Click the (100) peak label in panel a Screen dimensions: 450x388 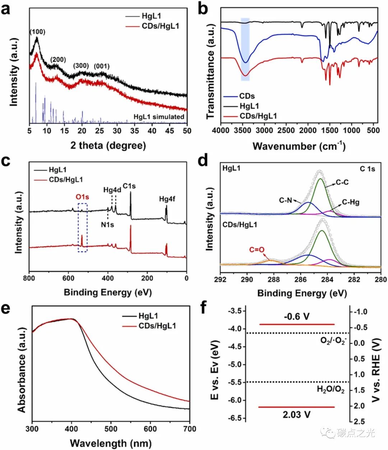tap(37, 32)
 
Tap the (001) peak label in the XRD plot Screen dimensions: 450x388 tap(102, 66)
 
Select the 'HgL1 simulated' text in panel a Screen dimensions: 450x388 tap(159, 117)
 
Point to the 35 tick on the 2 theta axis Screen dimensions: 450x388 tap(134, 131)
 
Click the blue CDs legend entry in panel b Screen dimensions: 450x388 tap(247, 96)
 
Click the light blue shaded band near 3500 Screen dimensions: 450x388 tap(245, 49)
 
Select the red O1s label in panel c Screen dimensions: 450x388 tap(82, 197)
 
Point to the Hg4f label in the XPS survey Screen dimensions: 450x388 tap(167, 198)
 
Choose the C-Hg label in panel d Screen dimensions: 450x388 tap(350, 202)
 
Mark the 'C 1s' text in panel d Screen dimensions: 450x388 tap(368, 169)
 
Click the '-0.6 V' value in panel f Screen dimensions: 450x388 tap(297, 317)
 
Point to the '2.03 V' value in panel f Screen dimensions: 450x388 tap(297, 415)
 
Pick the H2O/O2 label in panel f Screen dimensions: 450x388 tap(331, 390)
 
